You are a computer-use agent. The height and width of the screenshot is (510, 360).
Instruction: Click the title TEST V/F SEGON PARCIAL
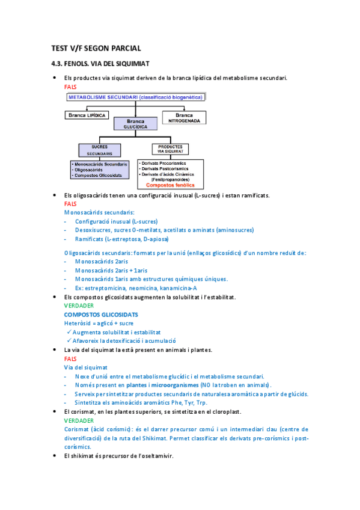96,48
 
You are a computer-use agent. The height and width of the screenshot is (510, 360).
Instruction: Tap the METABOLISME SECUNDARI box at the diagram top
136,96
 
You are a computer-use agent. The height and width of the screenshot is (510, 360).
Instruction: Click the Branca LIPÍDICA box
87,114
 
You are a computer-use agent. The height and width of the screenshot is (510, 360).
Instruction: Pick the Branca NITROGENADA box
184,117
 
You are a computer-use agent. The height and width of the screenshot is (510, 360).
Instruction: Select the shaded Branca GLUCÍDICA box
135,124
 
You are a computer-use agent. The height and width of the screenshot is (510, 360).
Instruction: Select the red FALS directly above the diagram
70,87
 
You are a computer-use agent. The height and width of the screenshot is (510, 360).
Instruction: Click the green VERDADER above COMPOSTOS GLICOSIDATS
78,306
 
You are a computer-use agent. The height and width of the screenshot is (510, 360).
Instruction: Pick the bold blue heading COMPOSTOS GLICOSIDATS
101,315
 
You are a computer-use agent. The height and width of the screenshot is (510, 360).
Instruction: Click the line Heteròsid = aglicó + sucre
99,324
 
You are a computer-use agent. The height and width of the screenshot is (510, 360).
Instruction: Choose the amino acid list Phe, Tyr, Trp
174,402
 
